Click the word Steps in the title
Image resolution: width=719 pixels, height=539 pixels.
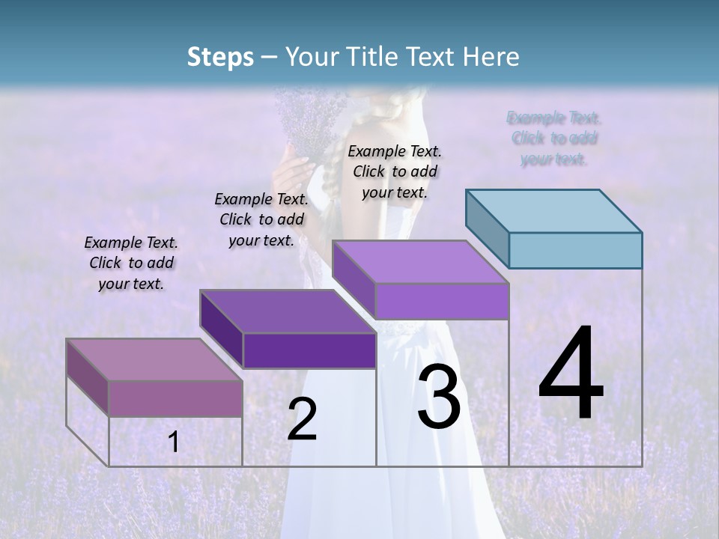tap(220, 57)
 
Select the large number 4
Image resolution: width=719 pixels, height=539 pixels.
tap(571, 374)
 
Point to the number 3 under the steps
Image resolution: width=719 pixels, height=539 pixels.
tap(438, 397)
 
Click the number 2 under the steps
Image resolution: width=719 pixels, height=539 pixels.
tap(302, 419)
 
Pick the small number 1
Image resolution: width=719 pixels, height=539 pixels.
tap(174, 442)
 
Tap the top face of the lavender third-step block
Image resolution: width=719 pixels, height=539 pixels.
tap(419, 262)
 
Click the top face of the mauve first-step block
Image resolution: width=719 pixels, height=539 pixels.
tap(154, 359)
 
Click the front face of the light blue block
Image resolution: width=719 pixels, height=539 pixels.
tap(575, 250)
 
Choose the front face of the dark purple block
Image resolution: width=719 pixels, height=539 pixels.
tap(309, 350)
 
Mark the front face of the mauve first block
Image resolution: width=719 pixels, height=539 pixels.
tap(175, 398)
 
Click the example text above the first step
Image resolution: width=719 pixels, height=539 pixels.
tap(131, 263)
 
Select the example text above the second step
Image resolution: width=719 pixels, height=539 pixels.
tap(261, 219)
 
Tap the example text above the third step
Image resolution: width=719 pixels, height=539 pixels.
tap(395, 171)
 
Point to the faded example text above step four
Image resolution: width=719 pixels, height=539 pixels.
tap(554, 138)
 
